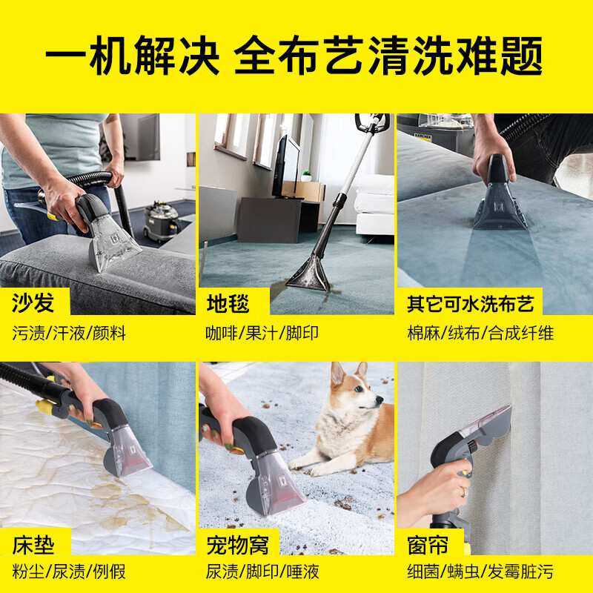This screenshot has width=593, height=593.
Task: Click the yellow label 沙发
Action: tap(33, 302)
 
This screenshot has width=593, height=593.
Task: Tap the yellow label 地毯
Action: tap(228, 302)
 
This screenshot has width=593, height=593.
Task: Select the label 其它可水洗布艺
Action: tap(470, 302)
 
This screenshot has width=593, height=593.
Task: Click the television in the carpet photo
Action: tap(286, 167)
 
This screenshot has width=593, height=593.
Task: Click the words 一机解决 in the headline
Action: tap(130, 54)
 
